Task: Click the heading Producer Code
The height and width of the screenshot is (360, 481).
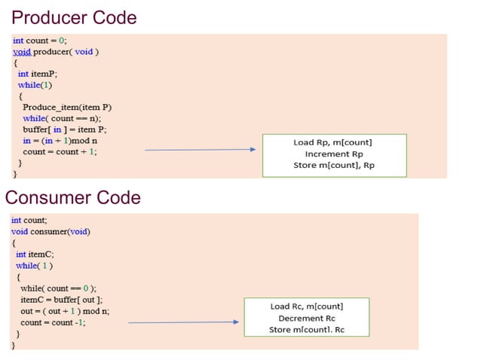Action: point(74,17)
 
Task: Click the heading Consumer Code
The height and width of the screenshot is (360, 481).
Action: point(72,197)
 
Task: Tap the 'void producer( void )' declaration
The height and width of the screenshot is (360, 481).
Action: point(56,52)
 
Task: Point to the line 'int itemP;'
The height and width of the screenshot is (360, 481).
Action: point(38,74)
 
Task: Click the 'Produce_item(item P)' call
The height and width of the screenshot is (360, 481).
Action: point(67,107)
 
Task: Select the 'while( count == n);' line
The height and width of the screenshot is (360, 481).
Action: point(62,118)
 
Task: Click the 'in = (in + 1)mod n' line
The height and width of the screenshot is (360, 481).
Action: point(60,140)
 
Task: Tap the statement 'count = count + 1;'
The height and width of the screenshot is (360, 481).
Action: point(60,151)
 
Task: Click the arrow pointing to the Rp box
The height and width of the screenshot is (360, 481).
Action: point(200,150)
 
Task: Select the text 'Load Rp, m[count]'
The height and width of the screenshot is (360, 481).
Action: point(332,142)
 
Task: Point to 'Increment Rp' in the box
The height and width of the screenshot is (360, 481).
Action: point(332,154)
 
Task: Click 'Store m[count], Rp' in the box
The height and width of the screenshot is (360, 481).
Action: point(332,165)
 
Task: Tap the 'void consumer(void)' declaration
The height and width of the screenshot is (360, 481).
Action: point(51,231)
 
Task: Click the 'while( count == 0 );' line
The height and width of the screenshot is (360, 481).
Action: point(58,288)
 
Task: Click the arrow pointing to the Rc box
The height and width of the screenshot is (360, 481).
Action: point(183,322)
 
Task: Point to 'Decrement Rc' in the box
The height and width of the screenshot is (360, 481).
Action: point(306,318)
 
